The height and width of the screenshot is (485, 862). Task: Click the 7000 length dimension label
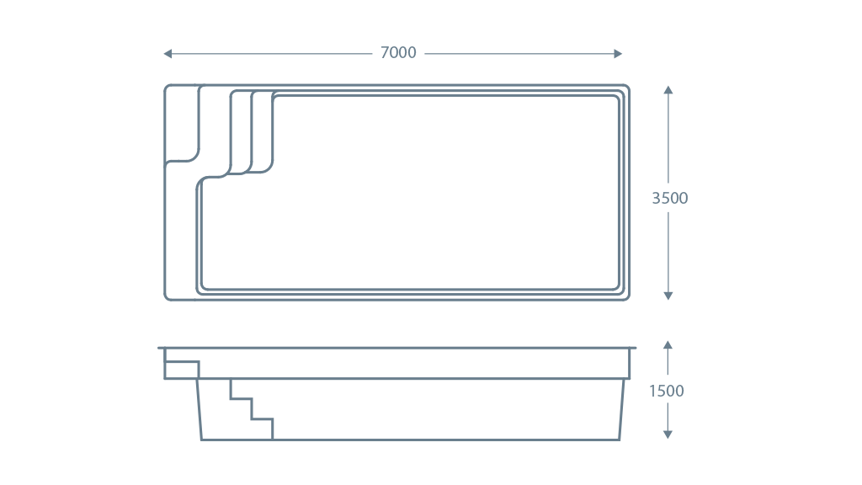[x=398, y=53]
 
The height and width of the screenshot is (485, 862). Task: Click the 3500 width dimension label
[x=669, y=198]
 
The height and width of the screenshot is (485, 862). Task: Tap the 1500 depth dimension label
[x=667, y=391]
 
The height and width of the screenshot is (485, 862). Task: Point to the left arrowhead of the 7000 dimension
[x=168, y=53]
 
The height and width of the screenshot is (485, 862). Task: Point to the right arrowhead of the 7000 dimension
[x=618, y=53]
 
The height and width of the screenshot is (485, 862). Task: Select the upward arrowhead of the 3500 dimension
[x=668, y=89]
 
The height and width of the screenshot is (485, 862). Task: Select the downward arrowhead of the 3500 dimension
[x=668, y=296]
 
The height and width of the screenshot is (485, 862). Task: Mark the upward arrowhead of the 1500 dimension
[x=668, y=344]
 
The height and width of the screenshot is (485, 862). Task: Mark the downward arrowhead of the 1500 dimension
[x=668, y=434]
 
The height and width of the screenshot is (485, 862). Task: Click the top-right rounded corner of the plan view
[x=626, y=88]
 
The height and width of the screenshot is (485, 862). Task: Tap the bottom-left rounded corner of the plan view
[x=168, y=297]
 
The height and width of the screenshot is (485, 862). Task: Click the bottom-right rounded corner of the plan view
[x=626, y=297]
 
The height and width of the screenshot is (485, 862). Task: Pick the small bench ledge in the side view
[x=182, y=370]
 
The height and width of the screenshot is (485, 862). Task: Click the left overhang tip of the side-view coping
[x=158, y=348]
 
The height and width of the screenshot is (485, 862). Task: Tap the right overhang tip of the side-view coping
[x=636, y=348]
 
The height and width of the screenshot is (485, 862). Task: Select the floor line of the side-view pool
[x=410, y=440]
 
